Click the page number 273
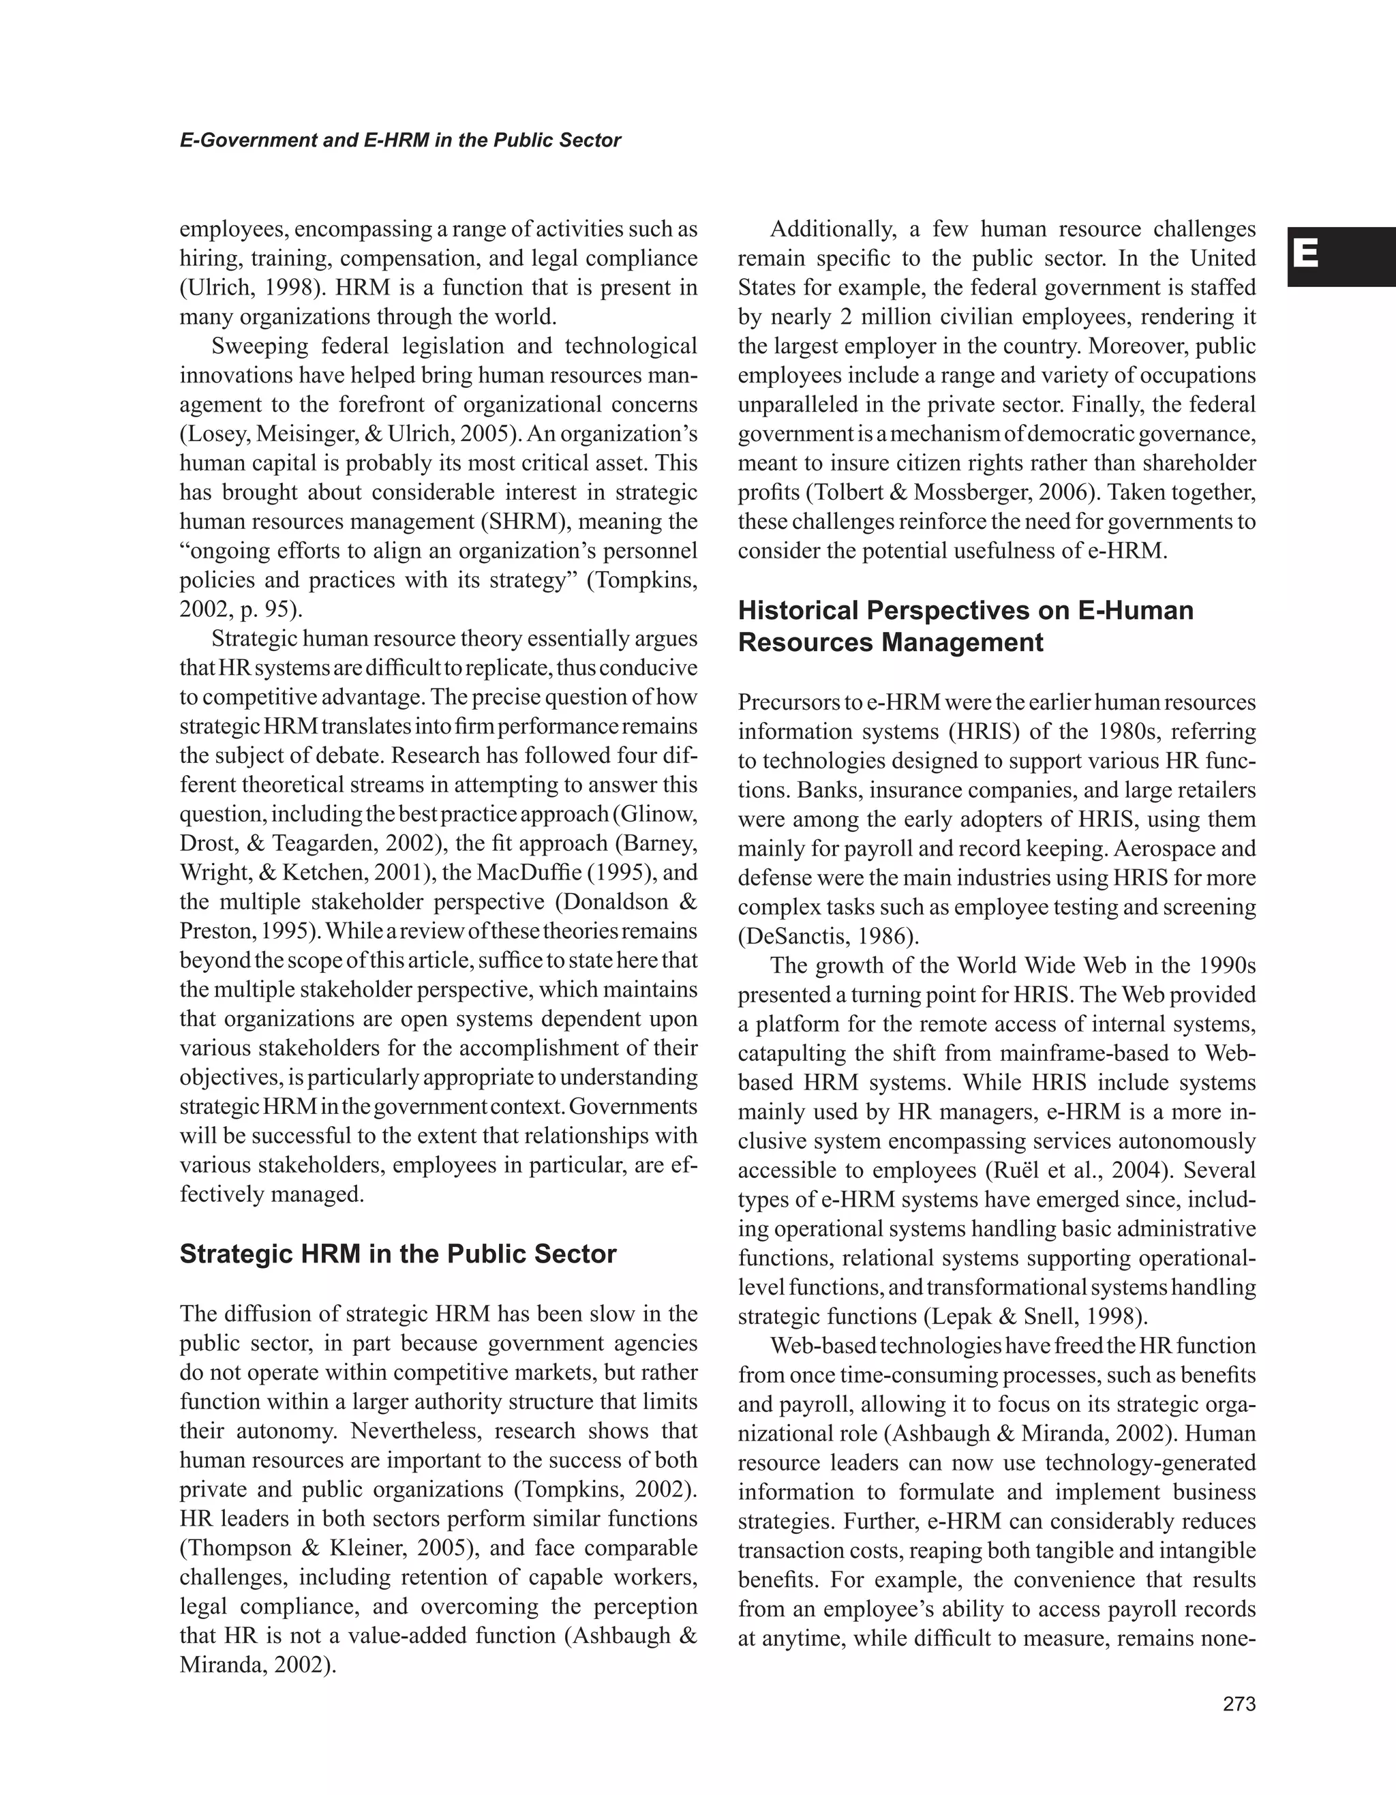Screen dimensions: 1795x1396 tap(1239, 1704)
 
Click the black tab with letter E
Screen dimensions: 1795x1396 tap(1340, 256)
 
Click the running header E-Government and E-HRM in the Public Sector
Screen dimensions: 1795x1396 tap(400, 140)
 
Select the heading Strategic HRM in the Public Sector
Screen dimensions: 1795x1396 tap(397, 1254)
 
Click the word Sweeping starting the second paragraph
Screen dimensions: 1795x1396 tap(259, 346)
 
